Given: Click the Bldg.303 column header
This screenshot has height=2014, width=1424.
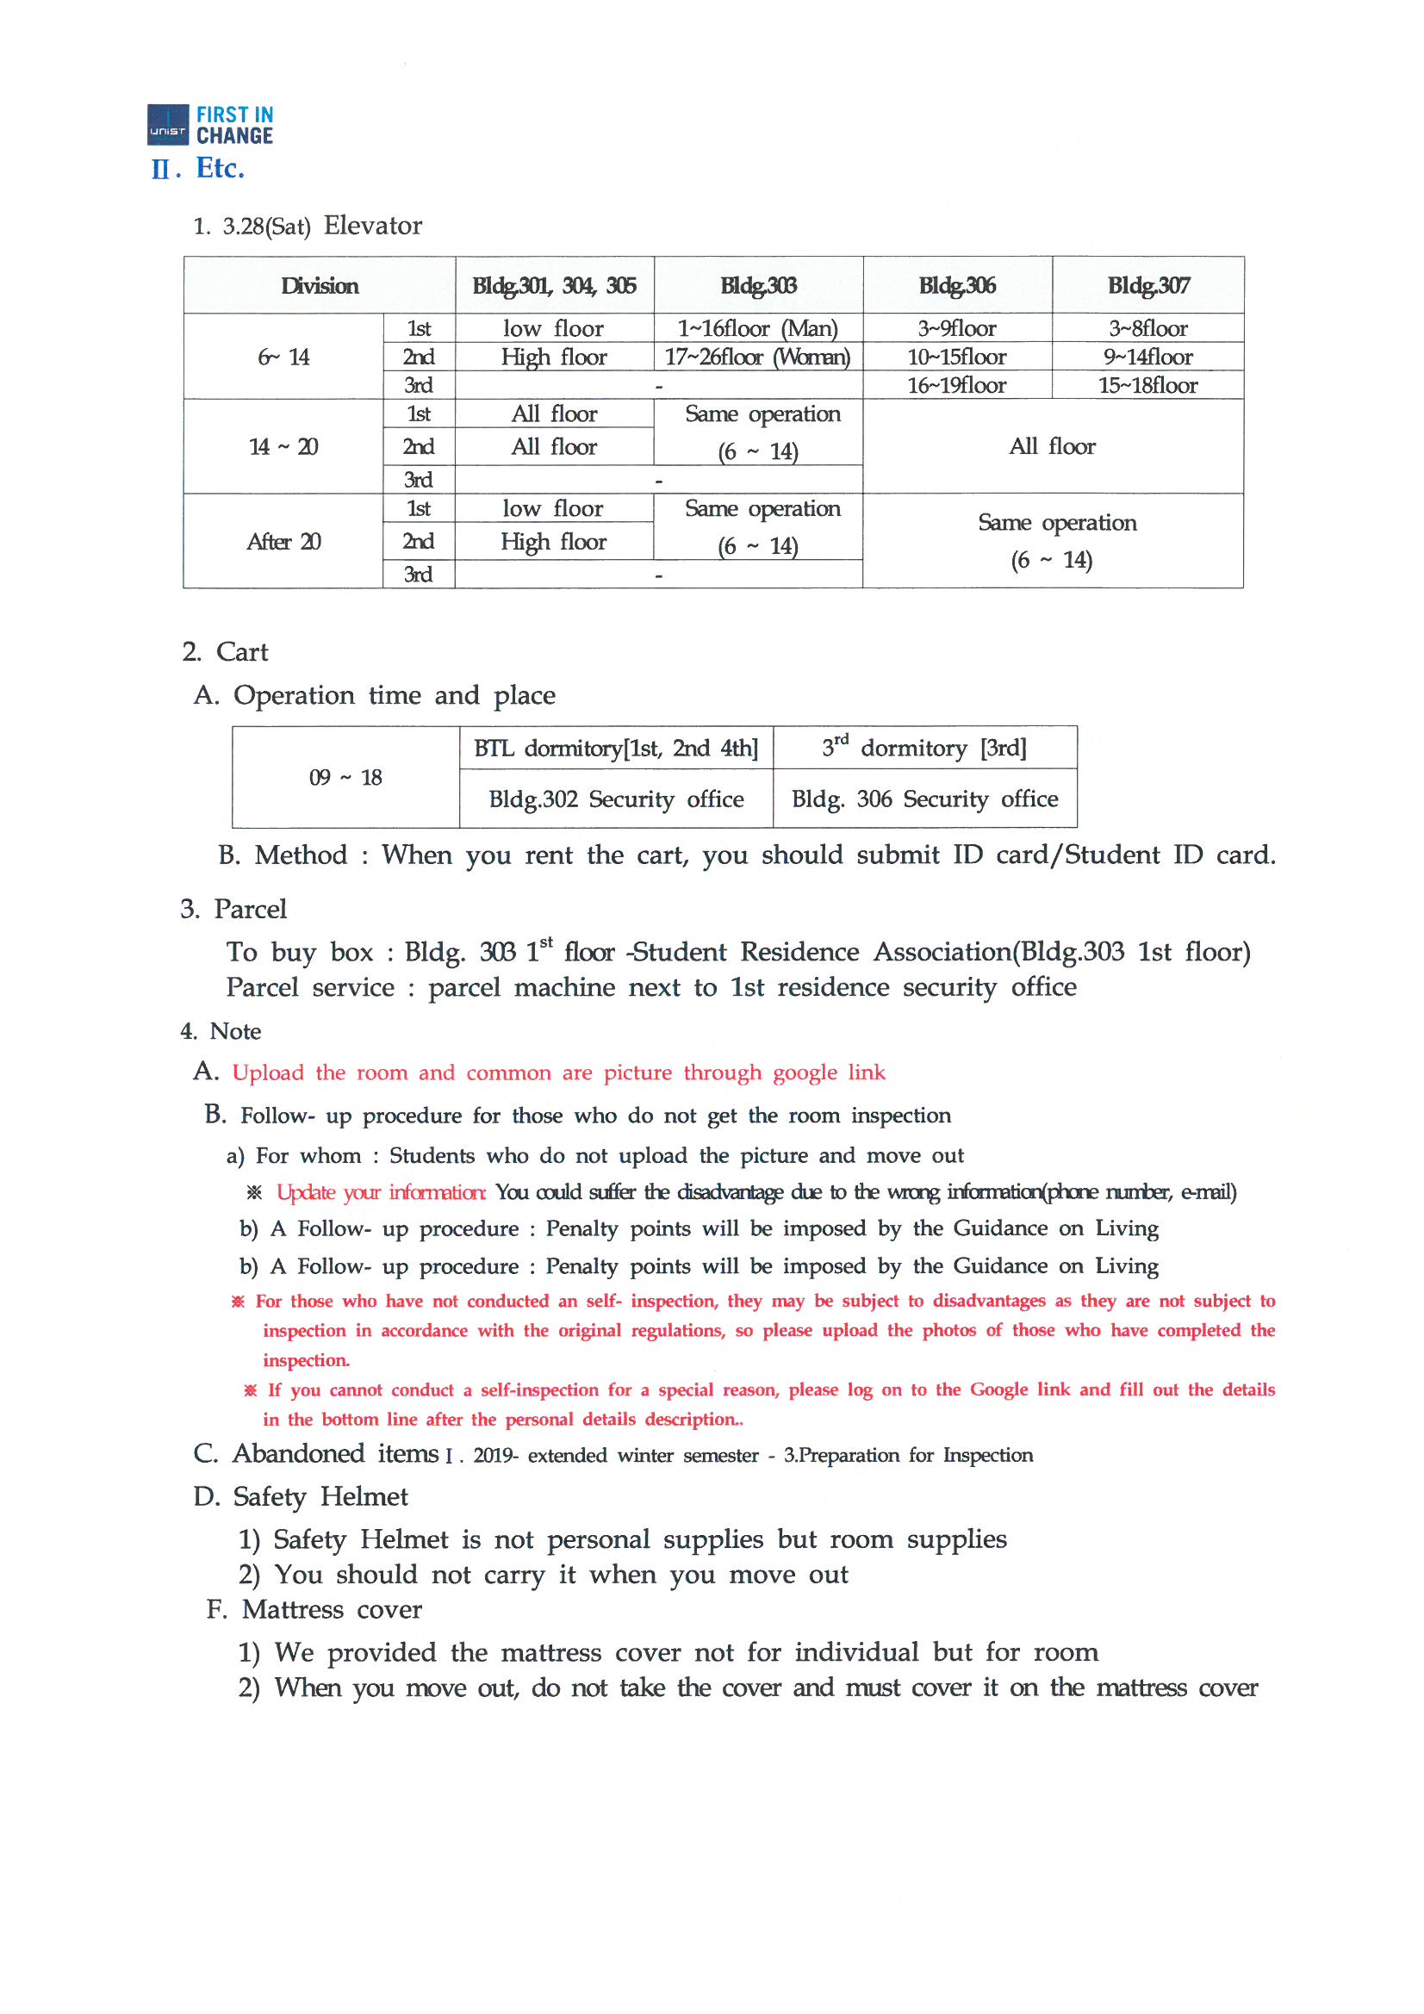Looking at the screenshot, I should coord(758,285).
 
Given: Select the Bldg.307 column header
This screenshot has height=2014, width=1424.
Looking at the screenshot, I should coord(1147,285).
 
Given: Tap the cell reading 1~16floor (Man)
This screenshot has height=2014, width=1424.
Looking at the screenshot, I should coord(757,328).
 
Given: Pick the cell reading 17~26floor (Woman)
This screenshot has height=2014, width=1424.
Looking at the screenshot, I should coord(757,357).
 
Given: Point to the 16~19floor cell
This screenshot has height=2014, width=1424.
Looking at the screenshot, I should coord(956,385).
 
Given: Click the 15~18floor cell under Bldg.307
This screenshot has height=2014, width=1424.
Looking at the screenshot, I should coord(1147,385).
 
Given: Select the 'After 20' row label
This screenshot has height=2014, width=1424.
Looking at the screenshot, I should coord(283,541).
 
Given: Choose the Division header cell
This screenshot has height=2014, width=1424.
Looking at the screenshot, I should coord(320,285).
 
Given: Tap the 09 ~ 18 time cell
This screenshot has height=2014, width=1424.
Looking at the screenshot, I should coord(345,777).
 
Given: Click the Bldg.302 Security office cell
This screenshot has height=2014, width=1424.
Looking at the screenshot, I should coord(616,799).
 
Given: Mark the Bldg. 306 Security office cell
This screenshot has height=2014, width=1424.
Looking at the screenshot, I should coord(924,799).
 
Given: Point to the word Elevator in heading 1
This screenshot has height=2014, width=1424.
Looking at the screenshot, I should coord(373,226).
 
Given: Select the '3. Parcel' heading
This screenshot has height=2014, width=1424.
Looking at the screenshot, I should coord(233,909).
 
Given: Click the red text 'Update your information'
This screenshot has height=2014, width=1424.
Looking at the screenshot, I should coord(381,1192).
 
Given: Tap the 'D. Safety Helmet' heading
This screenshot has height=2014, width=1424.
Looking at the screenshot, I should coord(301,1496).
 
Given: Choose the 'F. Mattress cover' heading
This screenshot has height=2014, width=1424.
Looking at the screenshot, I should coord(314,1610).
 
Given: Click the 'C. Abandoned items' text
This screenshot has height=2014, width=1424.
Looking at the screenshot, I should coord(316,1454).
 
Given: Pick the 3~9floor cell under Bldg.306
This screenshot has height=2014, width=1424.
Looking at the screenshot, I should coord(956,328).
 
